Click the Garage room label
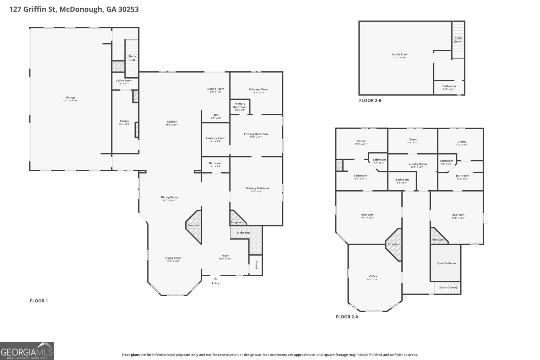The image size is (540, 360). [71, 98]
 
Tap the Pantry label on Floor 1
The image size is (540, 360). [124, 121]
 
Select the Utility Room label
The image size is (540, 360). [124, 81]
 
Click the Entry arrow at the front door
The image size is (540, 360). [215, 279]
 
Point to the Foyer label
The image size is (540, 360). [225, 256]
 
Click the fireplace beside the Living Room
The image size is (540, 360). [194, 225]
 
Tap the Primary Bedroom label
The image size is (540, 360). [257, 188]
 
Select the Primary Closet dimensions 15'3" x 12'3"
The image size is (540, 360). [259, 92]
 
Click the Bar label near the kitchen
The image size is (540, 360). [216, 115]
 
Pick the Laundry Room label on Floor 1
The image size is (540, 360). [216, 138]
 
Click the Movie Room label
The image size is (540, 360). [400, 54]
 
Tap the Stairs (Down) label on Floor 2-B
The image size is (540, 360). [458, 40]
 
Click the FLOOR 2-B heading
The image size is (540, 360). [370, 101]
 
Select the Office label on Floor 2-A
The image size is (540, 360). [373, 276]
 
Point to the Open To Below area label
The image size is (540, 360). [446, 263]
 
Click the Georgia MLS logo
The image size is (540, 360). [27, 351]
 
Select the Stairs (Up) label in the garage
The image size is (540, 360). [132, 58]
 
